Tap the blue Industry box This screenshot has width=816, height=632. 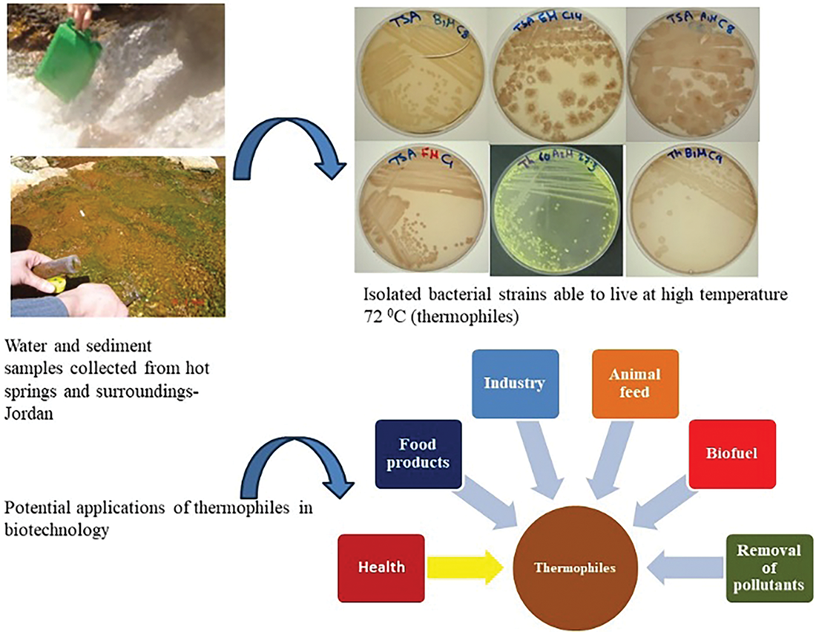[x=515, y=383]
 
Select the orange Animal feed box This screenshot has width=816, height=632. [x=635, y=383]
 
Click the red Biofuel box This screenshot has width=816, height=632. [x=732, y=453]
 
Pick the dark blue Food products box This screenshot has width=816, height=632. [x=418, y=453]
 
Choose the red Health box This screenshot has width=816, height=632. [x=381, y=567]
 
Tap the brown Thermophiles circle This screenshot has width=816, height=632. [x=576, y=569]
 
